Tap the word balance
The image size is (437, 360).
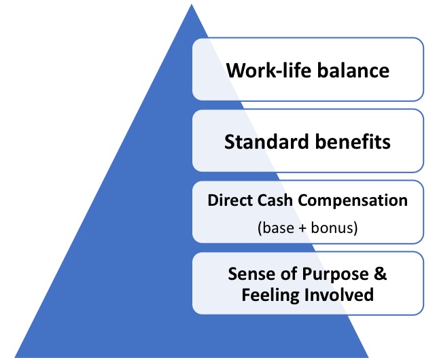(x=353, y=70)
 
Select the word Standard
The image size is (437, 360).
(x=266, y=141)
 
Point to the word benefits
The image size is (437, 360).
(x=353, y=141)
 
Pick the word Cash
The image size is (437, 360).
(x=275, y=200)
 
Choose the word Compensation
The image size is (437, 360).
(x=353, y=201)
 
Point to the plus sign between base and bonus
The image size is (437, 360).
(x=302, y=228)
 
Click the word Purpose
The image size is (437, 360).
(x=335, y=274)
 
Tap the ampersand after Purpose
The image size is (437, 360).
(x=381, y=274)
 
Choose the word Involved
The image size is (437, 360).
(x=339, y=295)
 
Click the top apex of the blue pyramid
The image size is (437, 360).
(x=192, y=4)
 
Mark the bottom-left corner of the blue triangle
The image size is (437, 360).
(x=14, y=357)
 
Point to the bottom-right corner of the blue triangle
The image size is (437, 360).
(x=368, y=357)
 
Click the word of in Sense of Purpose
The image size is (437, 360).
(x=288, y=274)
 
